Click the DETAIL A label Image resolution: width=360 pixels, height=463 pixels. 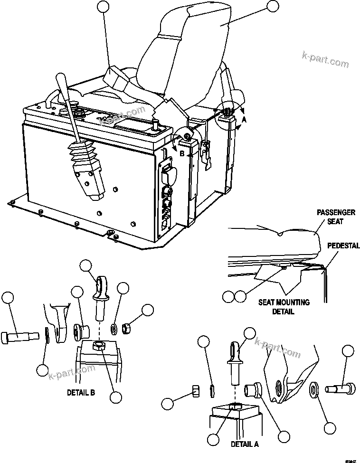tap(245, 444)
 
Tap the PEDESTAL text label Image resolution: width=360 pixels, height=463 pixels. tap(343, 246)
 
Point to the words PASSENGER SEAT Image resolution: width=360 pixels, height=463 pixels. tap(336, 217)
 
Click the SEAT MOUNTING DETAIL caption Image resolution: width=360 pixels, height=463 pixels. tap(284, 307)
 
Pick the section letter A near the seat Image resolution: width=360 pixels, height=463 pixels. tap(244, 120)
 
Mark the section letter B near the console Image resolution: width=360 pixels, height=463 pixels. tap(181, 152)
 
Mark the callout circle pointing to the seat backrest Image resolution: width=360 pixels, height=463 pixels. tap(273, 7)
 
